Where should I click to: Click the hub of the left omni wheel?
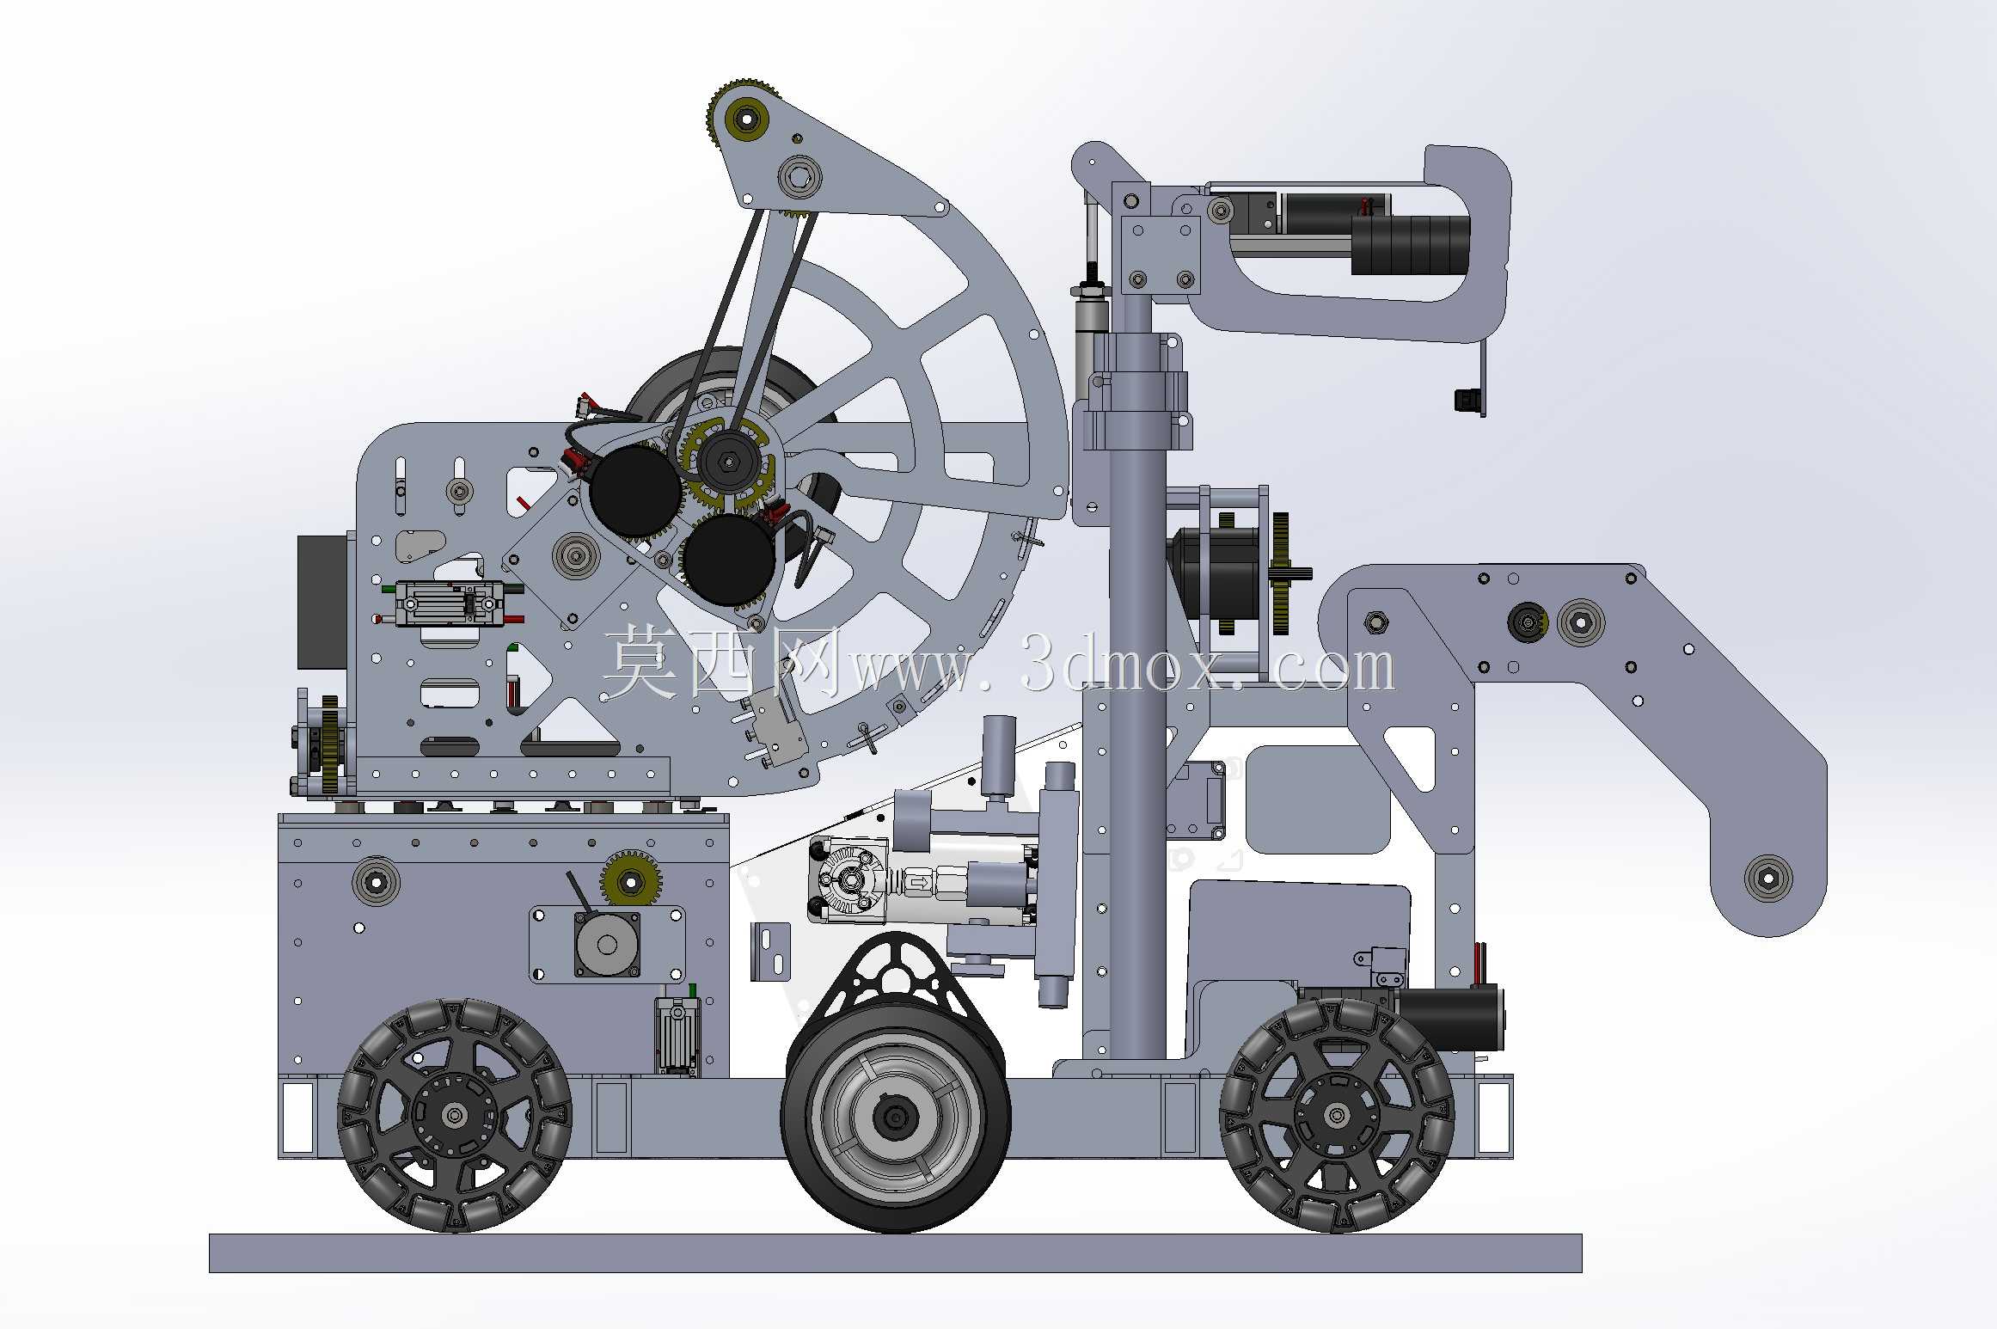point(455,1115)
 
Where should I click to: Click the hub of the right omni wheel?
point(1336,1115)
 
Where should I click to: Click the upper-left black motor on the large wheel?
point(635,489)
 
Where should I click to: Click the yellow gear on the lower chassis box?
point(630,881)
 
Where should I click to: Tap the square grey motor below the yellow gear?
point(607,945)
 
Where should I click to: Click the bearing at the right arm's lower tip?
point(1767,879)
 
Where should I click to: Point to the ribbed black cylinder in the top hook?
point(1410,245)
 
